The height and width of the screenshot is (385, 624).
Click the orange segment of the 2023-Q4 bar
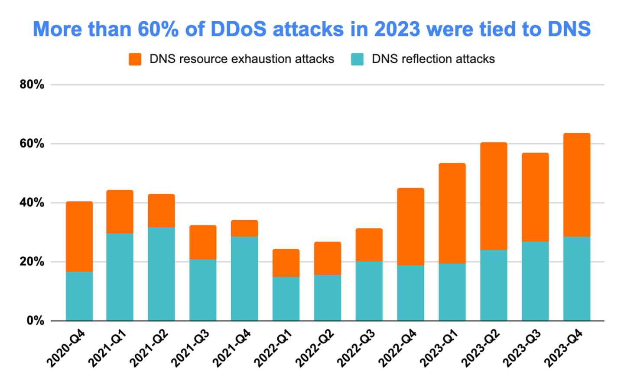click(576, 185)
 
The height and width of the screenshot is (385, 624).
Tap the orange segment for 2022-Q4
click(410, 226)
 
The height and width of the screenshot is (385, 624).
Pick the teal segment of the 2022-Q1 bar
click(286, 299)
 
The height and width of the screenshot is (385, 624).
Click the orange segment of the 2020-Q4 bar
click(79, 236)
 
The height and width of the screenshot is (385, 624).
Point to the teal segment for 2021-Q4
click(244, 278)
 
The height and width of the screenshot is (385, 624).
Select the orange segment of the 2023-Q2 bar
click(494, 196)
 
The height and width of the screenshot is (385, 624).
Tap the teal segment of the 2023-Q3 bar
click(535, 281)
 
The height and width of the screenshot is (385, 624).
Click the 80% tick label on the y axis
click(32, 85)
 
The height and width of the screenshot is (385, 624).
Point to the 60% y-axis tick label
click(32, 144)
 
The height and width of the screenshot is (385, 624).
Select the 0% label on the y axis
click(35, 321)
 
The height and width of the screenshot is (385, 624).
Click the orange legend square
click(135, 59)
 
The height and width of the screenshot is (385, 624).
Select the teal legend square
click(357, 59)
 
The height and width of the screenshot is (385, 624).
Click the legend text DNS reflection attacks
click(433, 59)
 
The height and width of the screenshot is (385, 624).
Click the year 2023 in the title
click(397, 29)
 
